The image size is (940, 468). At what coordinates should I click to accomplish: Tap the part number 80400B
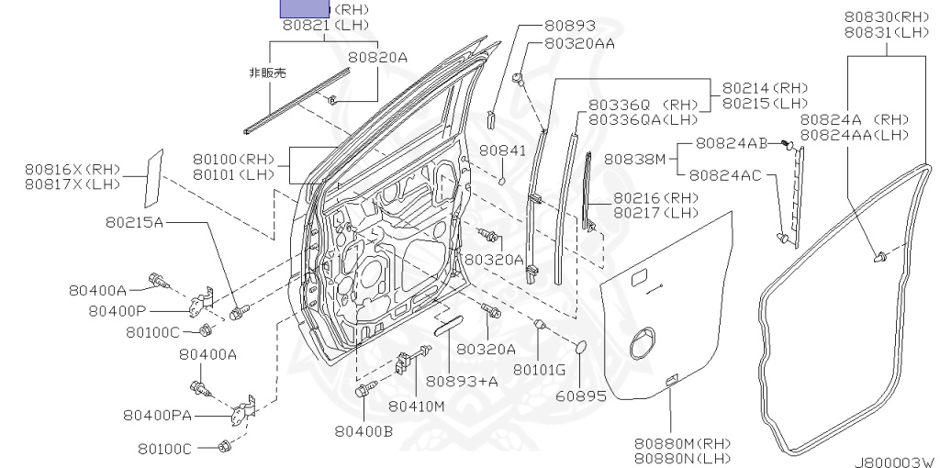(364, 430)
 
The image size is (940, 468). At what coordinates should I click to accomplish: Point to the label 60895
(581, 396)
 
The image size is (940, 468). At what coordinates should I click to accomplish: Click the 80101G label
(539, 369)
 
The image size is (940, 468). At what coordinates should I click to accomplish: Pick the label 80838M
(634, 159)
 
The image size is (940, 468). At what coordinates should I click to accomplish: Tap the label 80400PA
(157, 415)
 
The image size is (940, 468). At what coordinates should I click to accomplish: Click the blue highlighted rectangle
(304, 9)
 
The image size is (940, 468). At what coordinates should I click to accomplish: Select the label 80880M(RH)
(681, 443)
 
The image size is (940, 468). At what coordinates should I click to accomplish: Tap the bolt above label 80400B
(361, 393)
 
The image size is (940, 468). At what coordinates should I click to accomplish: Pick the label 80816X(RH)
(73, 169)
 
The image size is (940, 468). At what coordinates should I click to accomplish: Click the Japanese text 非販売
(267, 72)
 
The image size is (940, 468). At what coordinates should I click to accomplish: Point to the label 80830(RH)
(885, 16)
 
